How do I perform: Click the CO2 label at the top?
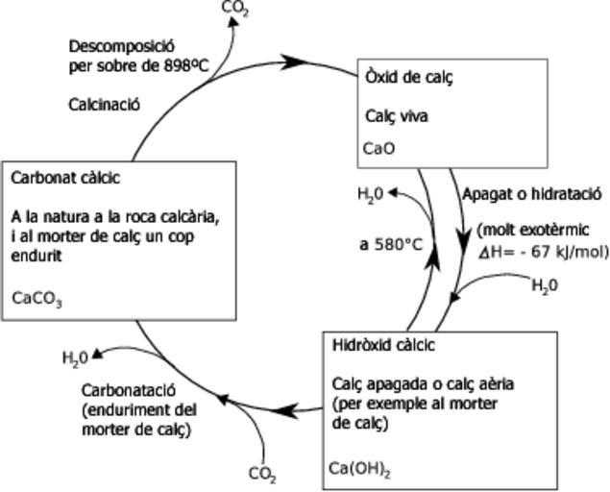coord(234,9)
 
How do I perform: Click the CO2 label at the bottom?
coord(262,474)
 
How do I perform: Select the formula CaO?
coord(378,149)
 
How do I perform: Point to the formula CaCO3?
coord(37,298)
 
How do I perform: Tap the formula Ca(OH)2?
coord(359,469)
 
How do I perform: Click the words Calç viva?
coord(397,116)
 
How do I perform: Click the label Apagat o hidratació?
coord(531,193)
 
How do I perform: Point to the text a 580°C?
coord(391,245)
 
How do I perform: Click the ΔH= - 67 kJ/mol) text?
coord(544,253)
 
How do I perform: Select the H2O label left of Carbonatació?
coord(75,358)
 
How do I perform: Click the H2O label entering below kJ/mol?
coord(544,285)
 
